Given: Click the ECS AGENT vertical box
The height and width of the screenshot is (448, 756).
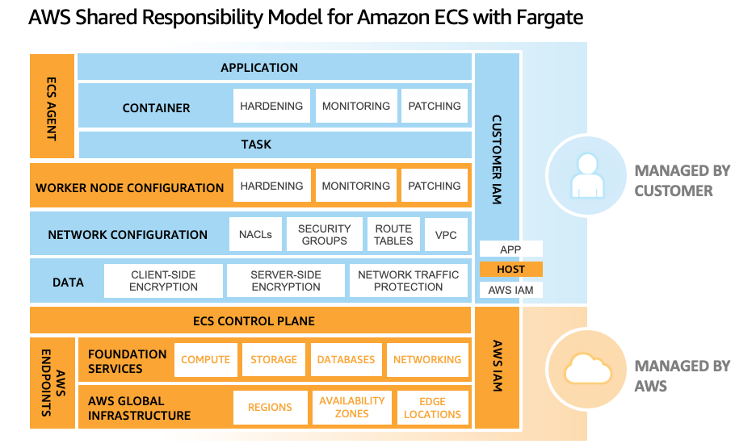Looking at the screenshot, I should point(52,106).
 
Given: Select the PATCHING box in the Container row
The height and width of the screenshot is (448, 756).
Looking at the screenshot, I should point(435,107).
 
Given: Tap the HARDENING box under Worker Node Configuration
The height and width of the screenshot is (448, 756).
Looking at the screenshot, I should point(271,186).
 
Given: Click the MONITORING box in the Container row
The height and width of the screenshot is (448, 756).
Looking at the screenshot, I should point(355,107).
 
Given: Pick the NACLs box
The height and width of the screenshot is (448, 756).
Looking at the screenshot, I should point(255,235).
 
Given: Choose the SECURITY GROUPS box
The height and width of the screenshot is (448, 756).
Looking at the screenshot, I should point(324,235).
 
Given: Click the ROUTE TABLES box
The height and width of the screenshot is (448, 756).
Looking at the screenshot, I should point(393,235).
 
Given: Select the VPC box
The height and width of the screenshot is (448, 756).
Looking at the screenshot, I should point(446,235).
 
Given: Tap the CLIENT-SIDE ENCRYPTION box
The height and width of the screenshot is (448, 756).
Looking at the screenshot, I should point(163,281).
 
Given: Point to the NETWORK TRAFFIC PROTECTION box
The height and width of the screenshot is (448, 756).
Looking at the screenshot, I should point(408,281).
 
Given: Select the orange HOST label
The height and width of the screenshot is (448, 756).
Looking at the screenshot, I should point(510,270).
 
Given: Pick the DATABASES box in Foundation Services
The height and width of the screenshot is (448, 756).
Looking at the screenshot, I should point(346,360).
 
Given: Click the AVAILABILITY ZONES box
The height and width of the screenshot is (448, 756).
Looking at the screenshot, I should point(351,407).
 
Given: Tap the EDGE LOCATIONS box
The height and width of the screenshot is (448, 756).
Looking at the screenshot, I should point(432,407).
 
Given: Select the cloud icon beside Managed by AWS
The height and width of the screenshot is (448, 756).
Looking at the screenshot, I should point(586,371).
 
